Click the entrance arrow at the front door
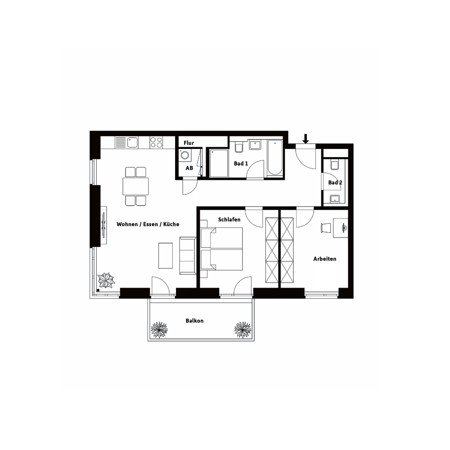pyautogui.click(x=306, y=139)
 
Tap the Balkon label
pyautogui.click(x=194, y=320)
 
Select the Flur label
pyautogui.click(x=189, y=143)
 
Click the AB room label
pyautogui.click(x=189, y=168)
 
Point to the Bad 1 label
pyautogui.click(x=241, y=164)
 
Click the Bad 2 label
pyautogui.click(x=335, y=183)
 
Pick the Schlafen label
pyautogui.click(x=229, y=220)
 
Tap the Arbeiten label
pyautogui.click(x=325, y=259)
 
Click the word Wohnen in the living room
pyautogui.click(x=127, y=224)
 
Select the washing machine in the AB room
pyautogui.click(x=185, y=156)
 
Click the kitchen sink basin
pyautogui.click(x=133, y=142)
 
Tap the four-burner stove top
pyautogui.click(x=157, y=142)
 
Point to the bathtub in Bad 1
pyautogui.click(x=274, y=157)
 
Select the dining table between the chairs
pyautogui.click(x=136, y=186)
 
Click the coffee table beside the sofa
pyautogui.click(x=166, y=256)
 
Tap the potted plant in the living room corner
pyautogui.click(x=106, y=280)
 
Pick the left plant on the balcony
pyautogui.click(x=159, y=330)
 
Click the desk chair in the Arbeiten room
pyautogui.click(x=326, y=228)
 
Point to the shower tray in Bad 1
pyautogui.click(x=219, y=163)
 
